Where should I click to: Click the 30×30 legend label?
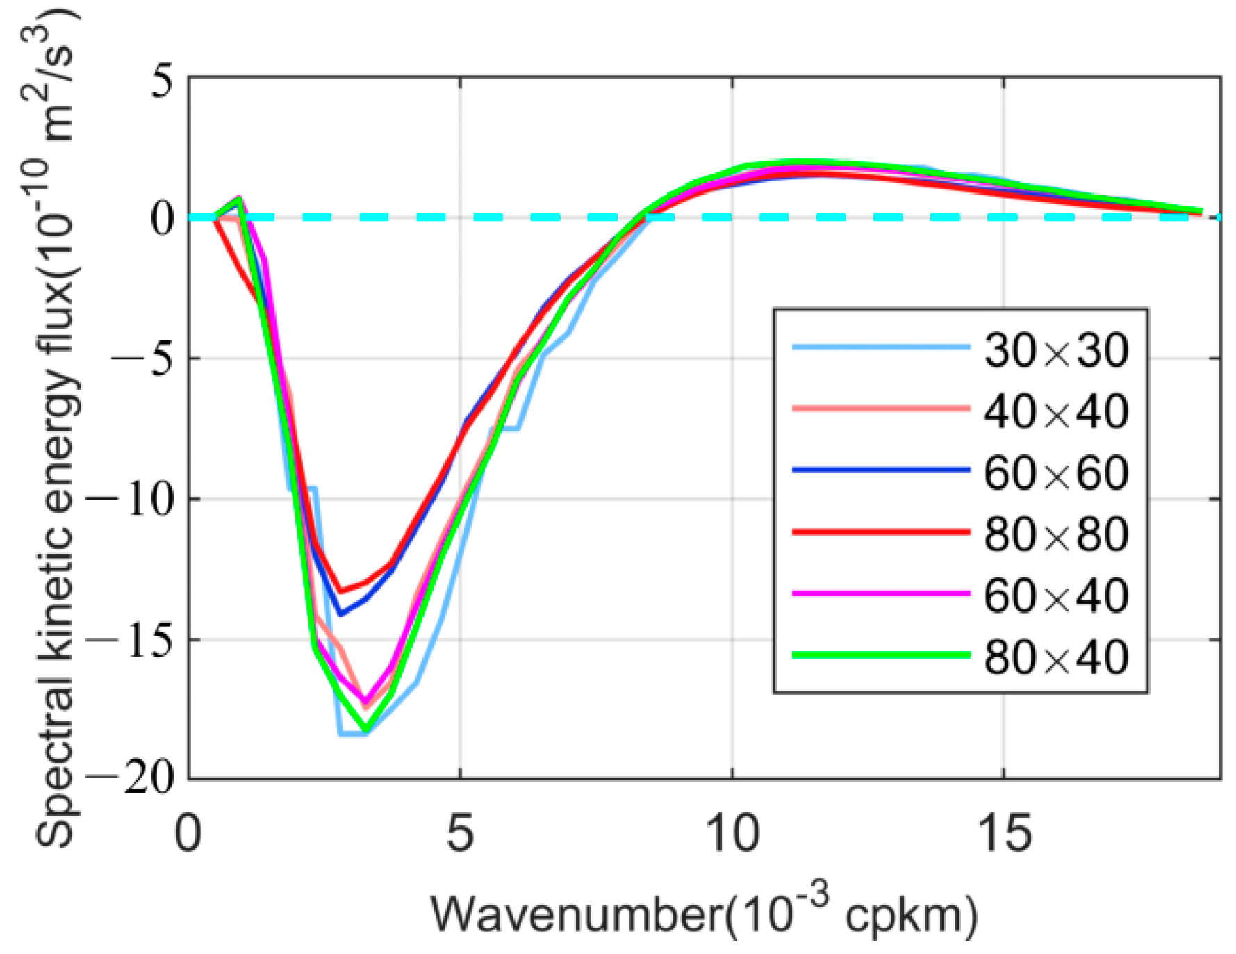1055,349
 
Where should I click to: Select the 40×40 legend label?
1055,411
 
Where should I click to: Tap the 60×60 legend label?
1055,472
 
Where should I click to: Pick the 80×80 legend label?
1055,534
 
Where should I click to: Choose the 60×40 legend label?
1055,595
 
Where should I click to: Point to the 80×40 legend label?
1055,657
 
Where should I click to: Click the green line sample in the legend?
880,655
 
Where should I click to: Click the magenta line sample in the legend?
880,593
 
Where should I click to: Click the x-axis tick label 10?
732,833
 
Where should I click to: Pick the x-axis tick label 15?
1003,833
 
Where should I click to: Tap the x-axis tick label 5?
459,833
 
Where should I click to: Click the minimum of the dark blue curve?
340,614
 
